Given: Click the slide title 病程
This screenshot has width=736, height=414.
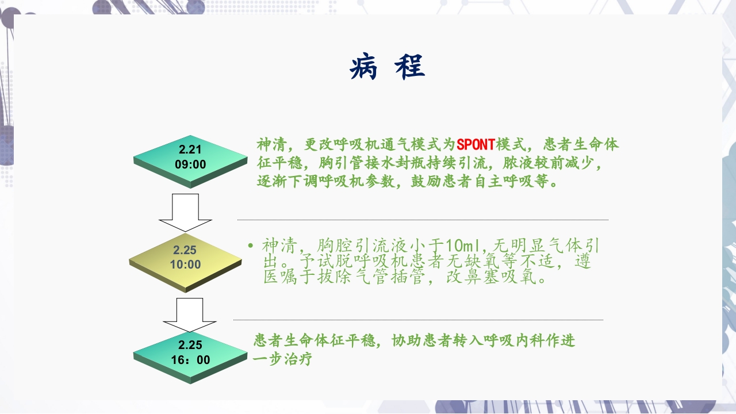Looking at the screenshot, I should tap(387, 67).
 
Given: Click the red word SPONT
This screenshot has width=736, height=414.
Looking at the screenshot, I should tap(476, 144).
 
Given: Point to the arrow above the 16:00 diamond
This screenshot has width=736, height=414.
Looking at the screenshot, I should tap(190, 314).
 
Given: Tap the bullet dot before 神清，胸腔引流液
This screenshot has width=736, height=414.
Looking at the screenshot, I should tap(251, 247).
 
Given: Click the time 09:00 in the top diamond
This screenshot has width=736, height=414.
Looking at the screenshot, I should tap(190, 164).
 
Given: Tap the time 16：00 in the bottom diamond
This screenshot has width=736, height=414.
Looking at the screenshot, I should tap(190, 360).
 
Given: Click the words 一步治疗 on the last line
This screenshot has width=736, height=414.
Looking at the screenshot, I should tap(283, 360).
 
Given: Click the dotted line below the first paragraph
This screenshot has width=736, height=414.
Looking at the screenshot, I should tap(423, 220).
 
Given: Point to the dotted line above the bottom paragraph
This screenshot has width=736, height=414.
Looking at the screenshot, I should tap(418, 320).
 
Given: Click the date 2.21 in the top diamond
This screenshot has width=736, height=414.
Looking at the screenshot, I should tap(190, 149).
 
